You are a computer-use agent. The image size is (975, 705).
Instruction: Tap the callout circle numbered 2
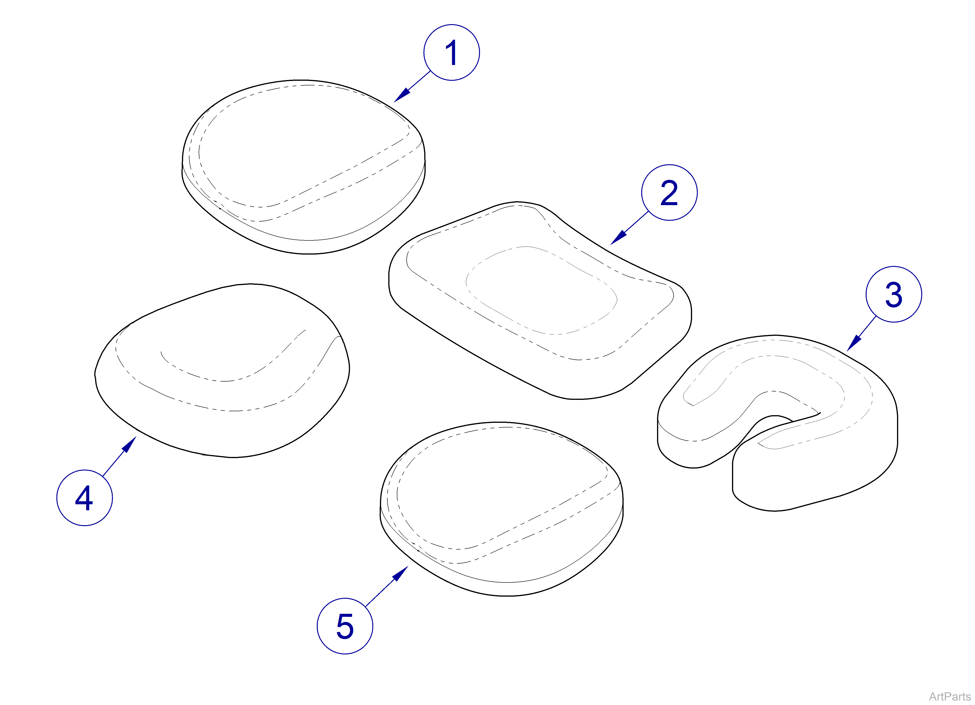pos(669,193)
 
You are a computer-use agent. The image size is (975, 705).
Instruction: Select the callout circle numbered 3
pos(894,294)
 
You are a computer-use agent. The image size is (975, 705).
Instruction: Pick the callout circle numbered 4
pos(85,498)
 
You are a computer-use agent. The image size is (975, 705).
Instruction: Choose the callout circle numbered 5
pos(345,626)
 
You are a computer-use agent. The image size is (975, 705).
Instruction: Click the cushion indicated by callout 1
pos(304,167)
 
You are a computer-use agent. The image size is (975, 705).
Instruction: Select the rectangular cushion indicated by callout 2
pos(540,300)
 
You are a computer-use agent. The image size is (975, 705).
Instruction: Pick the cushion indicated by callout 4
pos(222,371)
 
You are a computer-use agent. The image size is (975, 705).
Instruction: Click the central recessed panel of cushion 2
pos(542,290)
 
